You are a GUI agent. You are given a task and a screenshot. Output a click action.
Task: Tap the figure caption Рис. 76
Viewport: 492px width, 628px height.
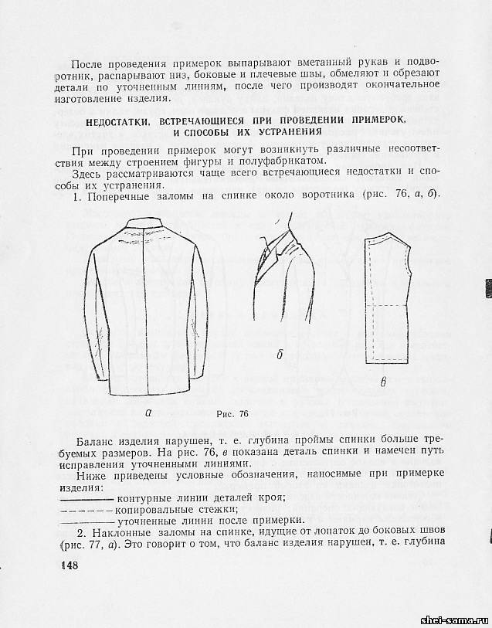(x=231, y=413)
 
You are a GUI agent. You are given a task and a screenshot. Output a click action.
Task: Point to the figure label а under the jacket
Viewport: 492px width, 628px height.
(x=148, y=412)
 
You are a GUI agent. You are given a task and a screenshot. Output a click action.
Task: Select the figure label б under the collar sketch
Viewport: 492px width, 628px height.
(x=280, y=355)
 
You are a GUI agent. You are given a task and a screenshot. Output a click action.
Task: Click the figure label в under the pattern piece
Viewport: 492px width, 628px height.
(x=384, y=382)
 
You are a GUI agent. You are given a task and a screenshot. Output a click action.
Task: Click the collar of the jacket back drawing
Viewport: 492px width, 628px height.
(x=147, y=225)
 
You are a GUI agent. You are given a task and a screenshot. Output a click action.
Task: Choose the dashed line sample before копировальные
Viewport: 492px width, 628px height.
(x=87, y=510)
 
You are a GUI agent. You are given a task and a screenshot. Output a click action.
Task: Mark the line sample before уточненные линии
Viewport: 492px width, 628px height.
(x=87, y=522)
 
